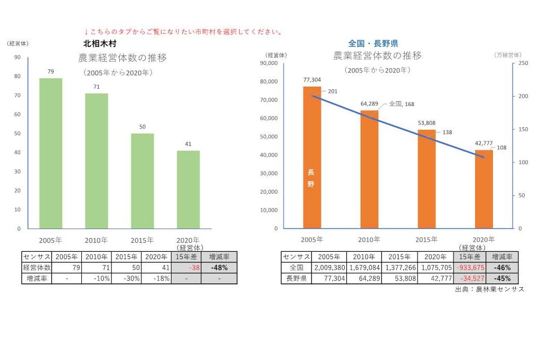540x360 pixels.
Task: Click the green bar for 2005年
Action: pos(51,153)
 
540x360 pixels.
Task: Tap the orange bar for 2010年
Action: pos(370,169)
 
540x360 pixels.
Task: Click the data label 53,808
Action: pos(427,123)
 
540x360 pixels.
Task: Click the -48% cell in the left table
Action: pos(219,268)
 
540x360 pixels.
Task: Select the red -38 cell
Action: pos(186,268)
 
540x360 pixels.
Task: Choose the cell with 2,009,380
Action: pos(329,268)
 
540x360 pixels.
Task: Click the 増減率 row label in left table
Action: pos(36,278)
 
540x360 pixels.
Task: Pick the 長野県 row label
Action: pos(296,278)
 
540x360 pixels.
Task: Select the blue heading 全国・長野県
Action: pos(373,43)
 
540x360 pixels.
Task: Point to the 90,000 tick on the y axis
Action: pos(270,63)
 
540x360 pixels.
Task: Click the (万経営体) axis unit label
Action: pos(508,55)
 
